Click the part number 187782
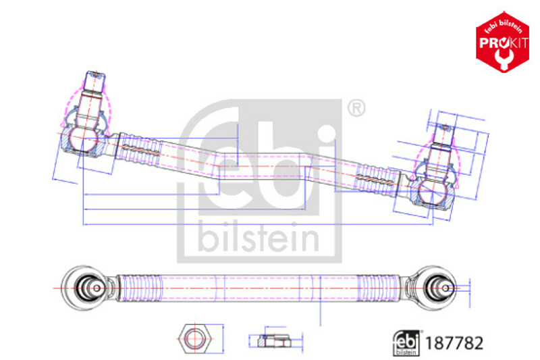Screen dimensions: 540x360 (x=454, y=343)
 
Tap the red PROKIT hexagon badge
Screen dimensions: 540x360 (x=502, y=42)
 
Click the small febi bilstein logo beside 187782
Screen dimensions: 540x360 (x=407, y=342)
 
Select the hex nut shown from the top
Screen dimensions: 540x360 (x=194, y=338)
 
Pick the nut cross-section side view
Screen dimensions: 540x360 (x=275, y=340)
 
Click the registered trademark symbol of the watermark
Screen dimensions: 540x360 (x=356, y=109)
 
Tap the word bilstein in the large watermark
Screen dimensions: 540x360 (x=259, y=237)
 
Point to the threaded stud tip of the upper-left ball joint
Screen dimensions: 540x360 (x=95, y=75)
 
